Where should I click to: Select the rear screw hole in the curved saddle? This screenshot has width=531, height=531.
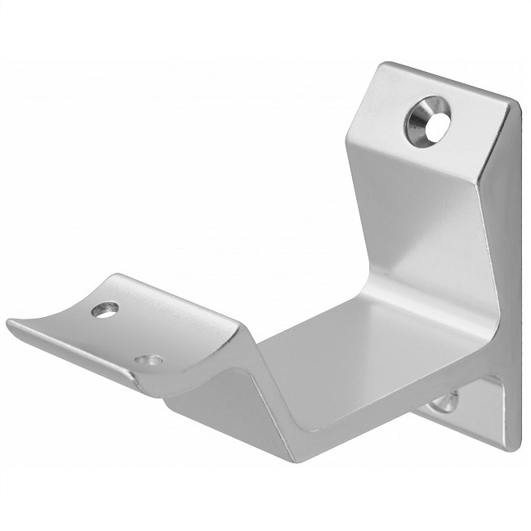pyautogui.click(x=105, y=310)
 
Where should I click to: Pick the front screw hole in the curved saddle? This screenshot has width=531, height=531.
pyautogui.click(x=150, y=360)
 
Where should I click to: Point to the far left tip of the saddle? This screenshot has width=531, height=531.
pyautogui.click(x=10, y=324)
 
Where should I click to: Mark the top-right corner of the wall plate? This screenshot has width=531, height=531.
pyautogui.click(x=515, y=103)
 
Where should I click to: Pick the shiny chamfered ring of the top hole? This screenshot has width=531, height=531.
pyautogui.click(x=419, y=123)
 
